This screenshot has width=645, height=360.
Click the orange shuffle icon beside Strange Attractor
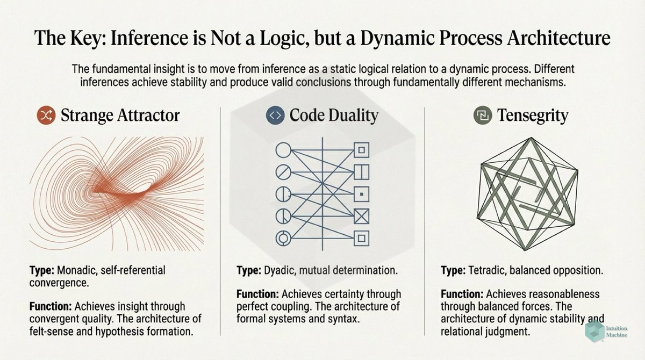(44, 116)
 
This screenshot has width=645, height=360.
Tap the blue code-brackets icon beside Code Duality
(275, 116)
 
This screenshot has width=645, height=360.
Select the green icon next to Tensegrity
(481, 116)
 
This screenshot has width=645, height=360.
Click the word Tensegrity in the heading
(532, 116)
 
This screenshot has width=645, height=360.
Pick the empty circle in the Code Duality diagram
(283, 150)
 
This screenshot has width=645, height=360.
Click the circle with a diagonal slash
(283, 172)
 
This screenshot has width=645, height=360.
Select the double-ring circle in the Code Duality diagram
(283, 237)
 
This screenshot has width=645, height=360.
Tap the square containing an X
(361, 215)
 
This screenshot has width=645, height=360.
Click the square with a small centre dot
(361, 193)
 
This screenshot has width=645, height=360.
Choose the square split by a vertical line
(361, 172)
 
